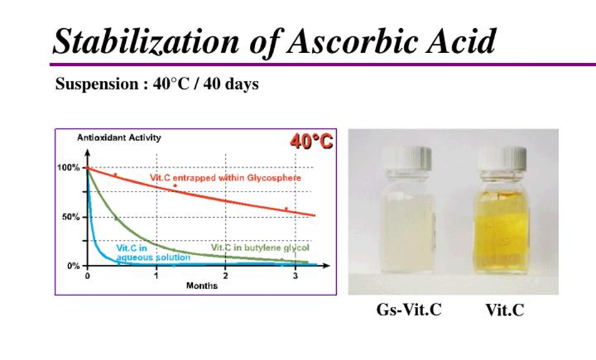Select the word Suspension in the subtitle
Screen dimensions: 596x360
(x=97, y=85)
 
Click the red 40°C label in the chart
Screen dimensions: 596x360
(x=311, y=141)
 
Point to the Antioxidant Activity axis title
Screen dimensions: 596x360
(x=119, y=138)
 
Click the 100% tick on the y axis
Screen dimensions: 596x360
(x=68, y=168)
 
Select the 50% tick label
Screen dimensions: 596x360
(x=71, y=217)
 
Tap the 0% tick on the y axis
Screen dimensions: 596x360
(x=73, y=266)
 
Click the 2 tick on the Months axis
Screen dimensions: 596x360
(x=225, y=275)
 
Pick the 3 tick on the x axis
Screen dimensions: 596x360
(x=295, y=275)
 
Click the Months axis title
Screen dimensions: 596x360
(x=202, y=286)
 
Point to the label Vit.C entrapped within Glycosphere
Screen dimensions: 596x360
(x=225, y=178)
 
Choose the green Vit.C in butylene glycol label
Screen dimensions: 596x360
(x=260, y=248)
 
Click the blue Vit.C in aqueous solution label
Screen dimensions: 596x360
(x=153, y=253)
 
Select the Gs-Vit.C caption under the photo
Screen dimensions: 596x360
(x=409, y=310)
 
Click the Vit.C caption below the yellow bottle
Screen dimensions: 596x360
(x=505, y=310)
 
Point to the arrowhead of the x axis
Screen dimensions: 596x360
(x=326, y=265)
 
